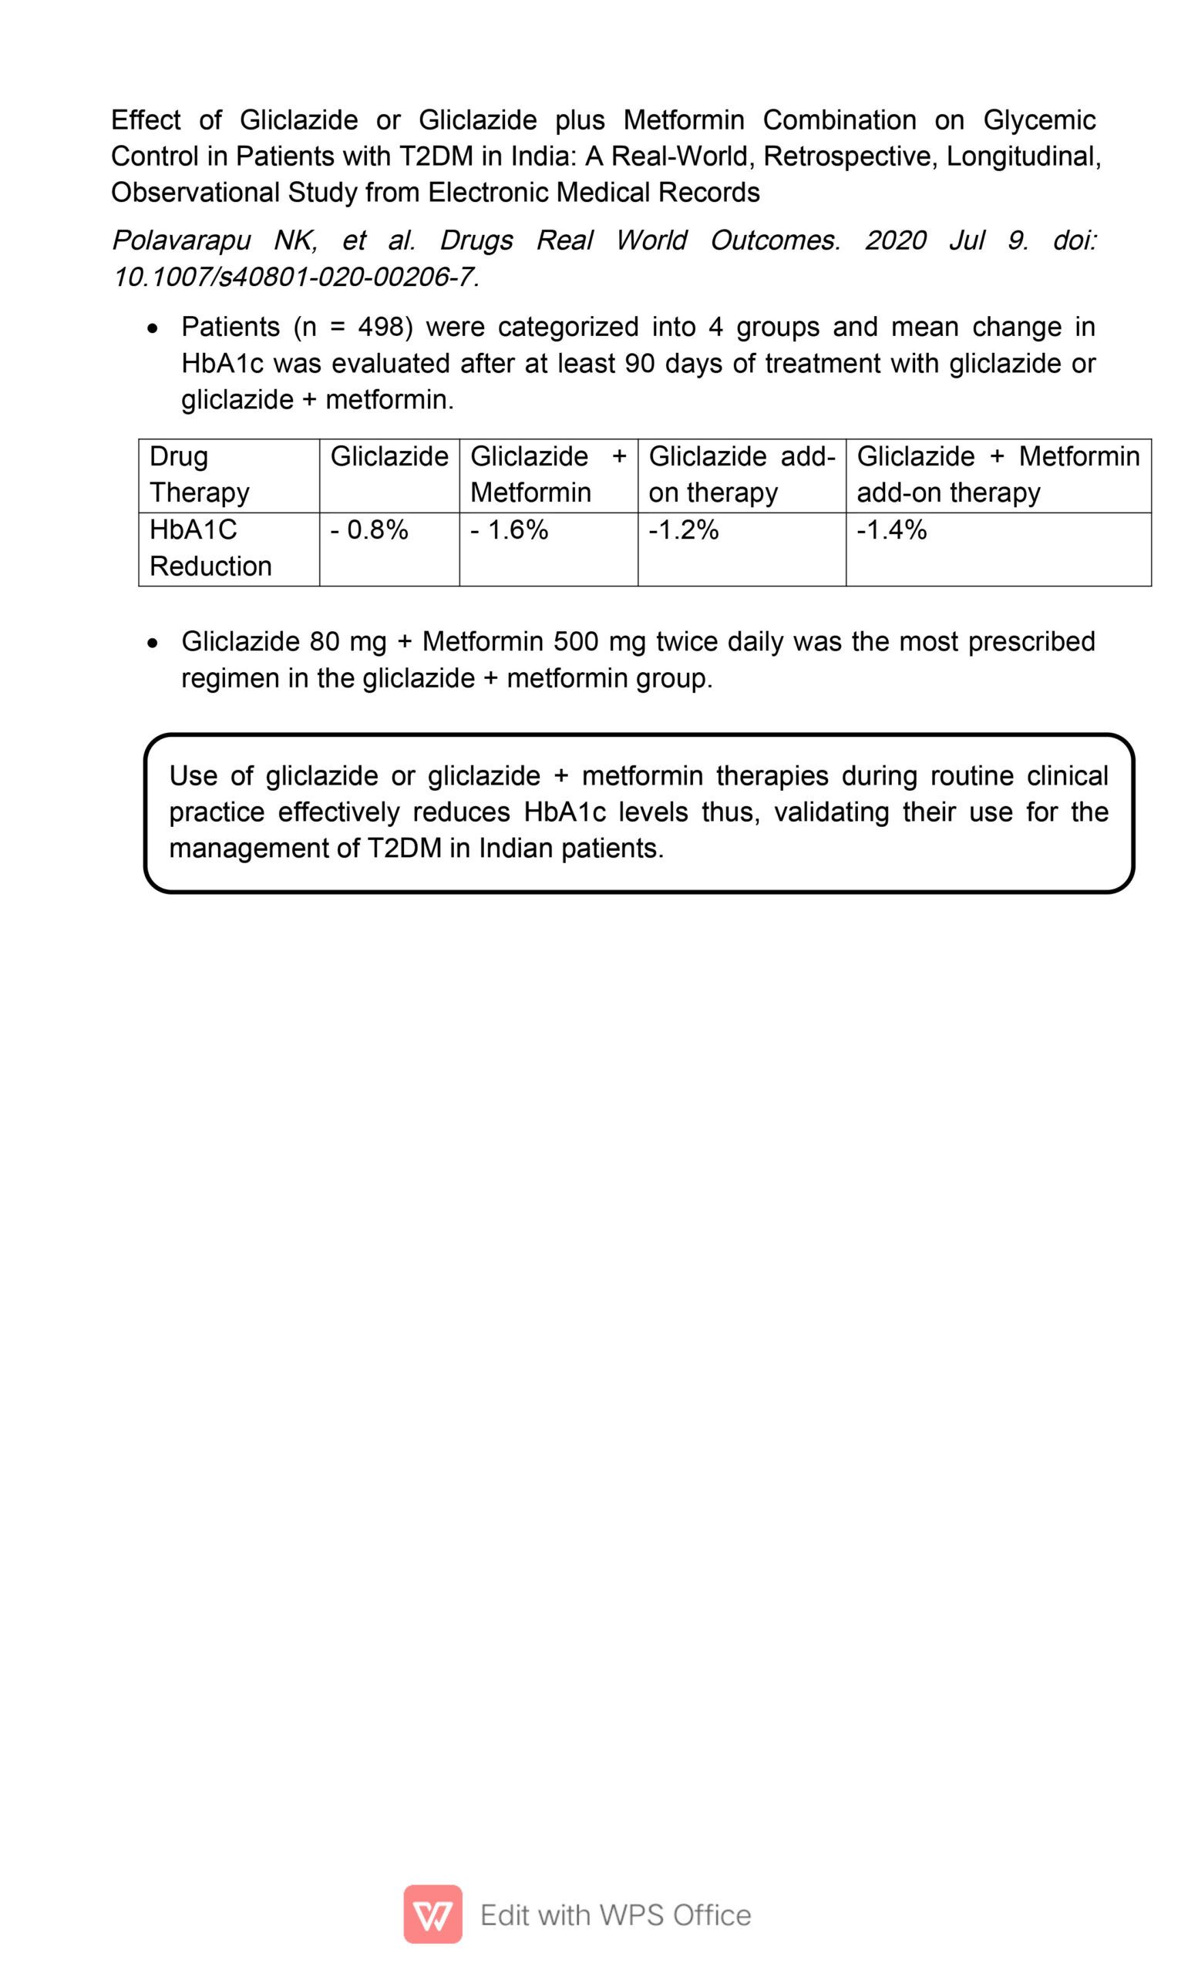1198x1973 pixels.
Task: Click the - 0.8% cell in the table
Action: click(369, 530)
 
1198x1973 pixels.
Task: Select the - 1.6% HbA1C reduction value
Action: click(510, 530)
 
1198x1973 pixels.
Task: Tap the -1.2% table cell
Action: click(683, 530)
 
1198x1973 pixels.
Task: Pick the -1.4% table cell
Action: click(891, 530)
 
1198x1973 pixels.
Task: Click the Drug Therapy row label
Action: click(199, 474)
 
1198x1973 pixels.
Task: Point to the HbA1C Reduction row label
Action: click(210, 548)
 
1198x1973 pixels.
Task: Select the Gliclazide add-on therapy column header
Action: click(741, 474)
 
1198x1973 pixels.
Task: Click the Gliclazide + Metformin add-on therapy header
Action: click(997, 474)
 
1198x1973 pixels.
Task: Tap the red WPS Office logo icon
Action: click(432, 1914)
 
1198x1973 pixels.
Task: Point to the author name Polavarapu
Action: click(181, 240)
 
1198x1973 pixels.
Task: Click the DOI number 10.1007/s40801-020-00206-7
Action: click(295, 277)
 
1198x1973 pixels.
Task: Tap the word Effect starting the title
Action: click(146, 120)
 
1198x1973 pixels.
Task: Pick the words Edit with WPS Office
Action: click(615, 1915)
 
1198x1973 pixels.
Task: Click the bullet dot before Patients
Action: click(153, 328)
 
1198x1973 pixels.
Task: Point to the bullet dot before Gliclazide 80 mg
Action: click(153, 643)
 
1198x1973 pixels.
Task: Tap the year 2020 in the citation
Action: click(895, 240)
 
